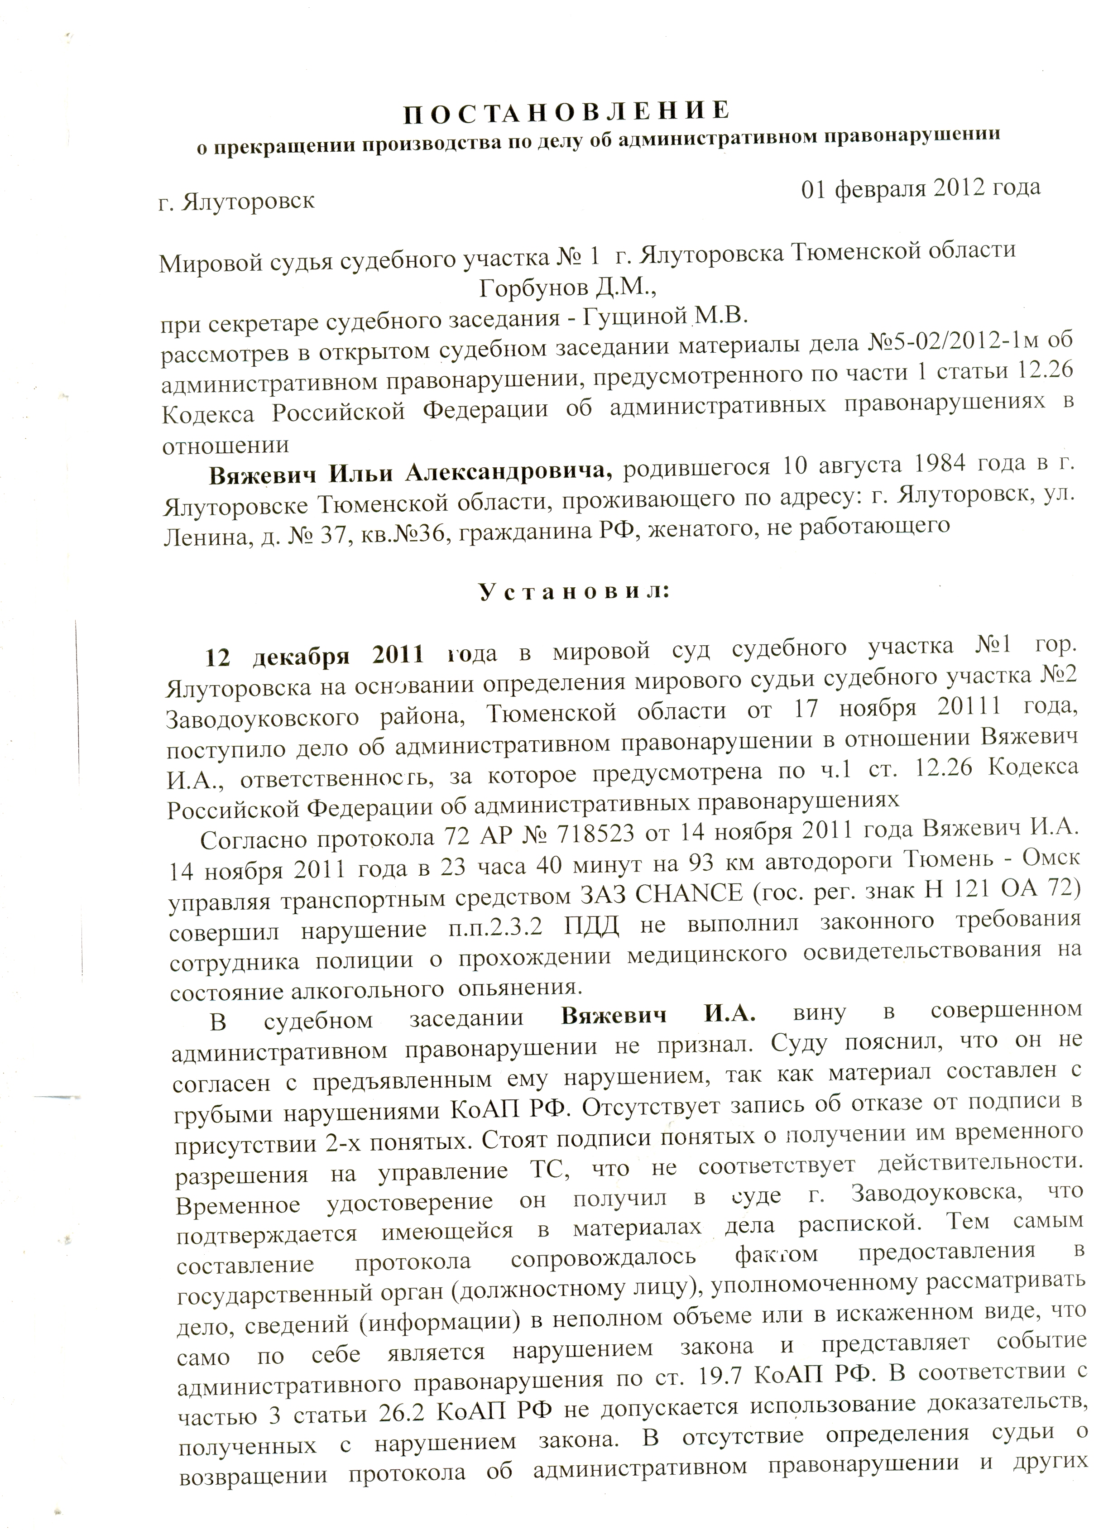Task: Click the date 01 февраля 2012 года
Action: click(921, 188)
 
